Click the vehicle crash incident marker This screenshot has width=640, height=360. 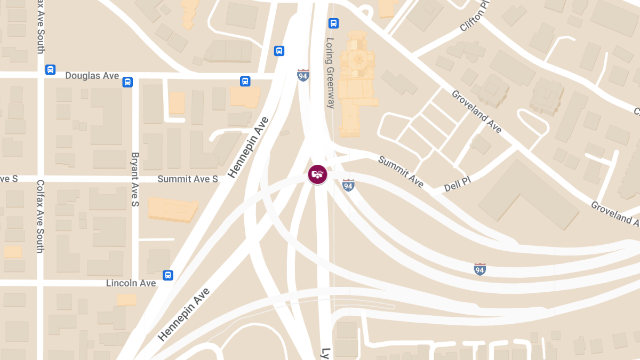317,174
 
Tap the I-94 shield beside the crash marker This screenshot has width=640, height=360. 348,186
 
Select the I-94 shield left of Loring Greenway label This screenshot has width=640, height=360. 303,75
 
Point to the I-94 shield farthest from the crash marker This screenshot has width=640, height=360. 480,269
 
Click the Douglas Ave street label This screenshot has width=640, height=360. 92,76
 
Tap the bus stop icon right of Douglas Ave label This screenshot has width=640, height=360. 127,82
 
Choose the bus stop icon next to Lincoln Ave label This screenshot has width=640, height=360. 168,275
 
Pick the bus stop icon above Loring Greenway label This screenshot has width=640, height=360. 334,23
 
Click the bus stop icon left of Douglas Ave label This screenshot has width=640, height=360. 50,69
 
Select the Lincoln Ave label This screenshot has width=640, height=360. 131,283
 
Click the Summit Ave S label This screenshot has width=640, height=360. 188,179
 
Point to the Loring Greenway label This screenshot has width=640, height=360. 330,73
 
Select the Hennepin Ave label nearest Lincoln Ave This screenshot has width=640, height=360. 184,314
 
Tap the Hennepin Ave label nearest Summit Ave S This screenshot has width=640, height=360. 248,147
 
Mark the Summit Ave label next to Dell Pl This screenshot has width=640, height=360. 401,172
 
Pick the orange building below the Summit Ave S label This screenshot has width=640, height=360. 172,210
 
